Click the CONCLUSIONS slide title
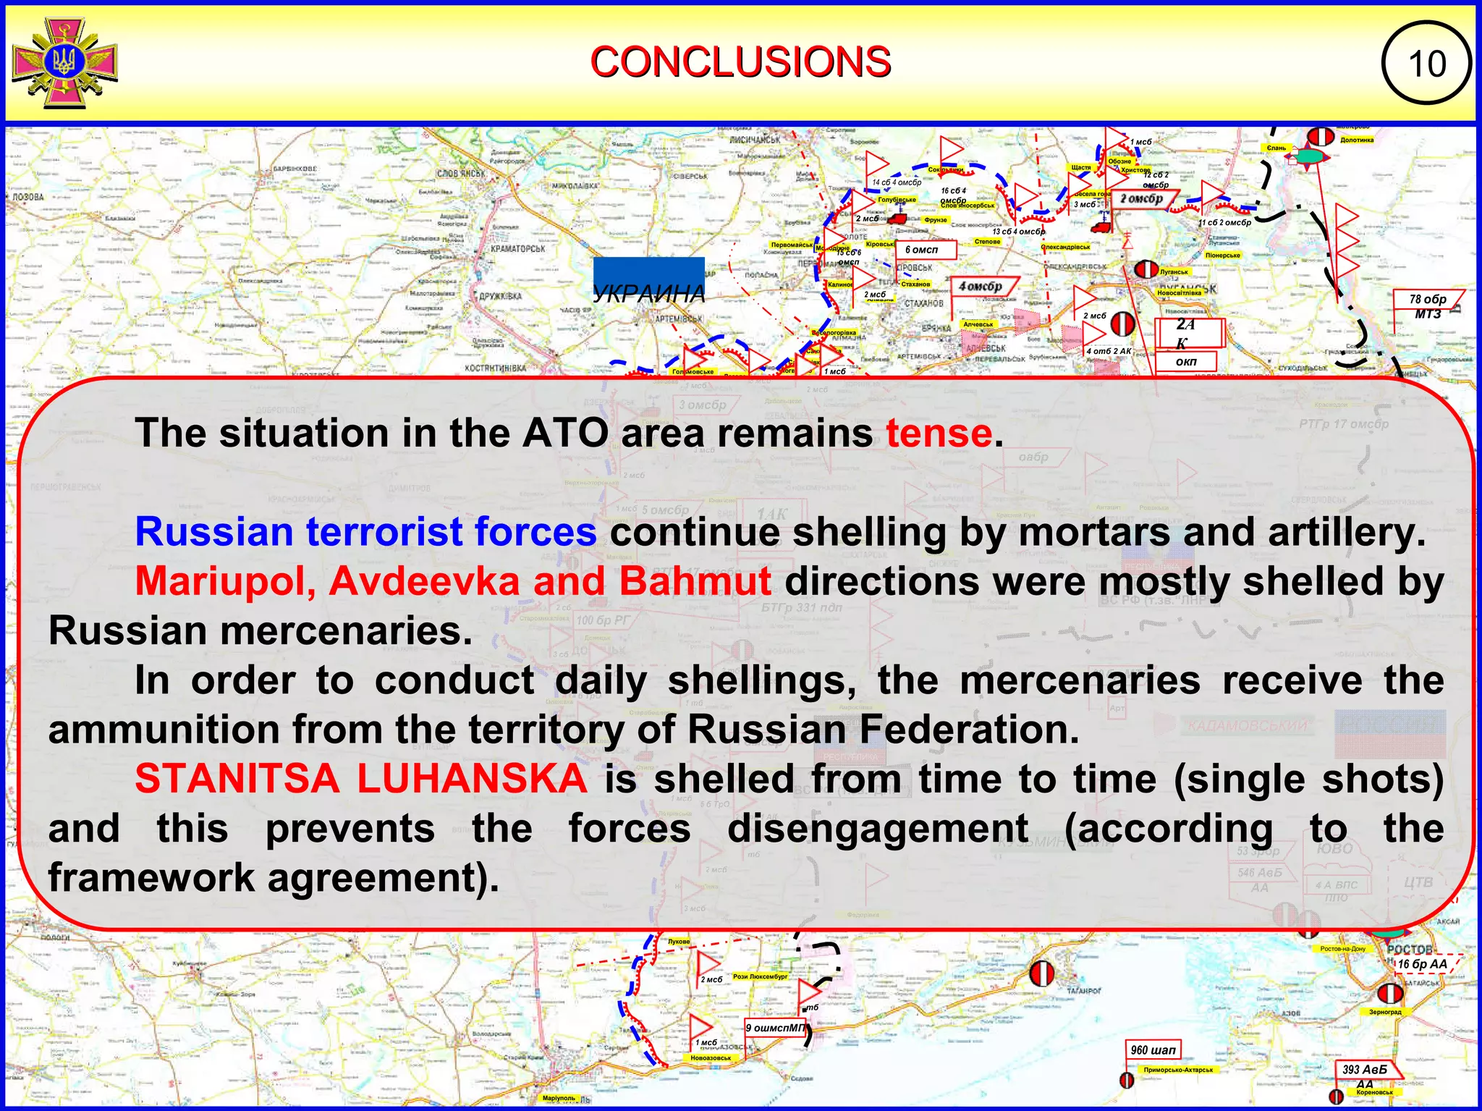click(x=740, y=62)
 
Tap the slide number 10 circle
click(x=1426, y=64)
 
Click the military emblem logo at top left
click(x=65, y=64)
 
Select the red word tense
click(x=939, y=434)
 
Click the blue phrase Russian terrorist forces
click(x=365, y=532)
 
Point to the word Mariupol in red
click(x=225, y=581)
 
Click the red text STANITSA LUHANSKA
click(x=360, y=779)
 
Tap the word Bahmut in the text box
click(x=695, y=581)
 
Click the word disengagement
click(x=877, y=828)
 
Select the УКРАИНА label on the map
click(x=648, y=294)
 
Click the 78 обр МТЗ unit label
click(x=1428, y=306)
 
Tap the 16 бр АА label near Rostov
click(x=1423, y=964)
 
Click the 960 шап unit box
click(x=1153, y=1049)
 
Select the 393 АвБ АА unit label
click(x=1365, y=1070)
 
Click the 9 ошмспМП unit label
click(x=775, y=1028)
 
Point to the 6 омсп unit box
click(x=926, y=250)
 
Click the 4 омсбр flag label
click(x=981, y=287)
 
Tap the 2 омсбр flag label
click(x=1142, y=198)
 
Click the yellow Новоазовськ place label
click(x=711, y=1058)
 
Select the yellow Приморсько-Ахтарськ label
click(x=1178, y=1070)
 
